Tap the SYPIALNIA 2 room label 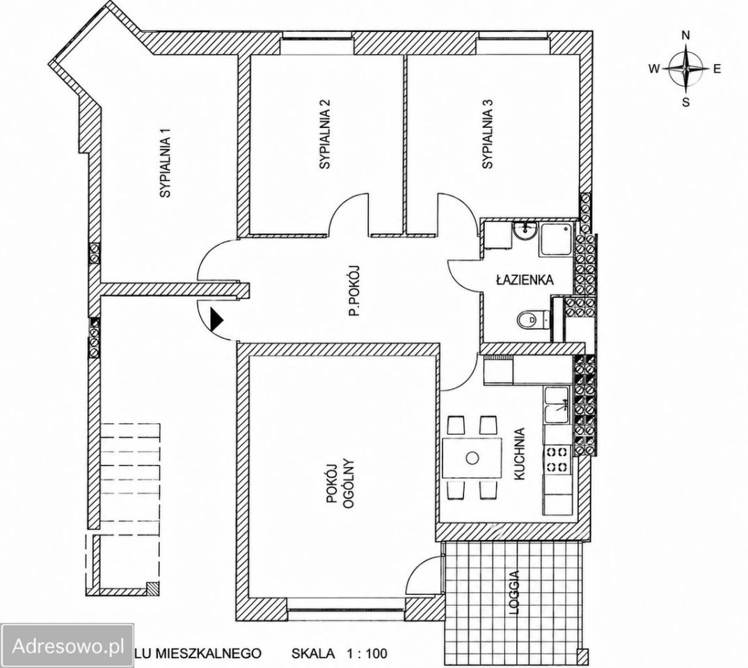[x=326, y=134]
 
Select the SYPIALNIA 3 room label [x=487, y=134]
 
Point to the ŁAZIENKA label [x=524, y=280]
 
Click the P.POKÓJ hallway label [x=354, y=291]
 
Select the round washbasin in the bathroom [x=524, y=232]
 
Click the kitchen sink [x=556, y=405]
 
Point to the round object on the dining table [x=472, y=458]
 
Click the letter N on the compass [x=686, y=35]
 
